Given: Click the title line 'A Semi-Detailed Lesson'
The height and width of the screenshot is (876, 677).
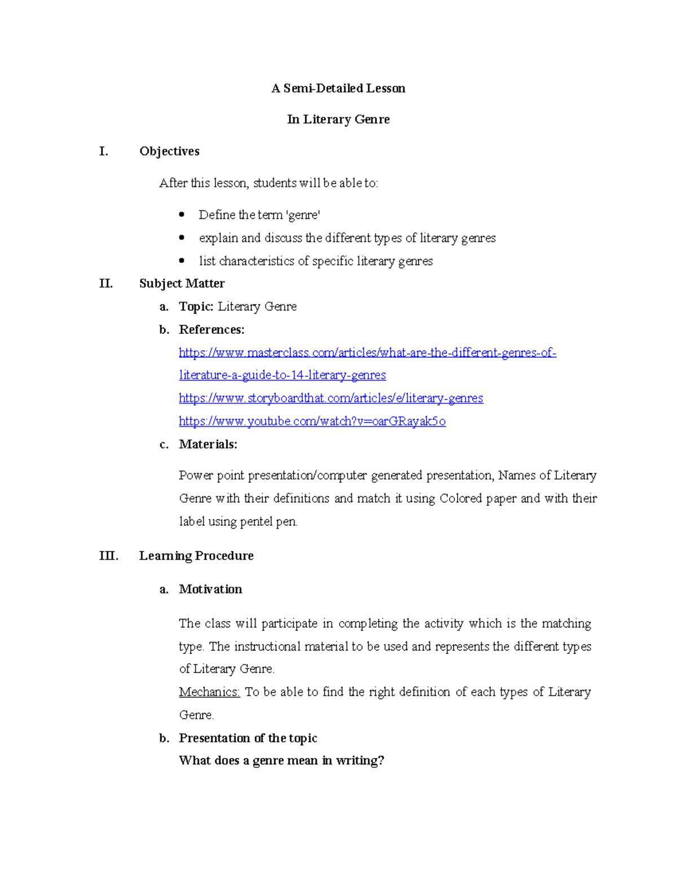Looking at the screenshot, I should point(338,88).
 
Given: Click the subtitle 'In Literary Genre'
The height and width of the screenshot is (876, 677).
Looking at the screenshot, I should point(338,119).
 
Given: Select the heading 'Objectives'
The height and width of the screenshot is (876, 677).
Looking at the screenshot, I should point(169,151).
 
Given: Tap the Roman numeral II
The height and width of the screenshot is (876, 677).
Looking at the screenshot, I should point(106,283).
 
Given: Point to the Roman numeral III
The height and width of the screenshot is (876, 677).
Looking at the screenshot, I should point(108,556).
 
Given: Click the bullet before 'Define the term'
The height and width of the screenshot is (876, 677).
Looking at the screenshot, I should point(182,214).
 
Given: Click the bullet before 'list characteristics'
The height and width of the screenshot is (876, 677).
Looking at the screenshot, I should point(182,261).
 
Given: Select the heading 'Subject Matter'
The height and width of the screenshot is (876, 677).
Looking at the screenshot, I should point(182,283).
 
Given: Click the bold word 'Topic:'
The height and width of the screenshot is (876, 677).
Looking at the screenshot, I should point(196,306).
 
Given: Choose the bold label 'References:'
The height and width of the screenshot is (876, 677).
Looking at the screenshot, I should point(212,329).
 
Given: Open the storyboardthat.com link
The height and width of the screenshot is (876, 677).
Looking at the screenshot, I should point(331,398).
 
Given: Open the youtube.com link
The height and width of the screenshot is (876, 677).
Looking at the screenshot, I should point(312,421).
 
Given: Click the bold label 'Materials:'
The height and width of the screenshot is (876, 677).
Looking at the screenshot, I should point(208,444).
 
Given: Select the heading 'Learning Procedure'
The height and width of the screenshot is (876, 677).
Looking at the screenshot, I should point(196,556).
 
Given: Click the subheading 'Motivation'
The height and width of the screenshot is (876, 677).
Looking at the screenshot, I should point(210,589).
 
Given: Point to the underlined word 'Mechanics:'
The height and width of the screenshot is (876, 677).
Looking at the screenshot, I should point(209,692).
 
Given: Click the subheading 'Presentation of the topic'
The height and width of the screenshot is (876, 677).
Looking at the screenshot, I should point(248,738).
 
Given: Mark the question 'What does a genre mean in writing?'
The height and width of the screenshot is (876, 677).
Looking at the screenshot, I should point(281,760).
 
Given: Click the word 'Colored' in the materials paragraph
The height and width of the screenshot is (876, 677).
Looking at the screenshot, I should point(460,499).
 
